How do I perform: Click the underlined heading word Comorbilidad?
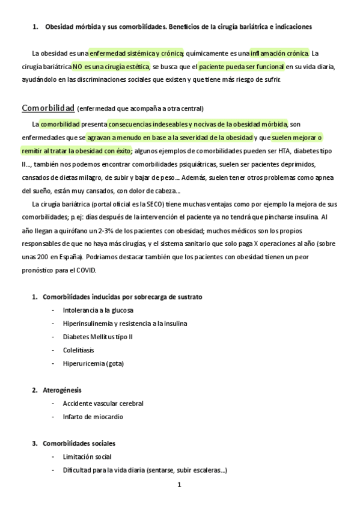coord(48,108)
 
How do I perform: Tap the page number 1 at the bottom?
coord(179,484)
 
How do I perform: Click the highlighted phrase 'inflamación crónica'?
coord(279,53)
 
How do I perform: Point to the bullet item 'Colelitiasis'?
coord(78,349)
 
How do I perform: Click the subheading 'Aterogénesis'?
coord(63,390)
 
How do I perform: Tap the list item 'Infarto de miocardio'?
coord(93,416)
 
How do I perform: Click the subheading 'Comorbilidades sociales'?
coord(79,443)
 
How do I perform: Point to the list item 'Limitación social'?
coord(87,456)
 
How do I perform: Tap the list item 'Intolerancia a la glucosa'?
coord(98,310)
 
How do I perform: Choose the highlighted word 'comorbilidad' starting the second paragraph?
coord(60,124)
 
